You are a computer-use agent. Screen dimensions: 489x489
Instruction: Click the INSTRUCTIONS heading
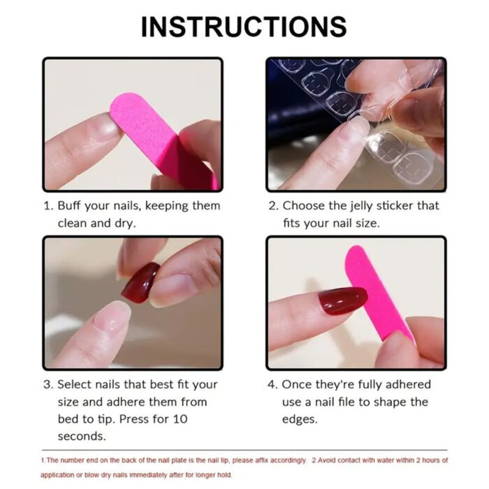click(x=244, y=27)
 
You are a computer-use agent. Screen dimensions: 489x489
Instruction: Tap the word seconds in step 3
click(x=81, y=437)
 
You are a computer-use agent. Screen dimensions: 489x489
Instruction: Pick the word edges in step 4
click(x=300, y=420)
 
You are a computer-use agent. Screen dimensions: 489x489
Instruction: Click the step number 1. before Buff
click(x=48, y=206)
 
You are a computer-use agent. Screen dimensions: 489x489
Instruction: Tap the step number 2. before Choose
click(x=273, y=206)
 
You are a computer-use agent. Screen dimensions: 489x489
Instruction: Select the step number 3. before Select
click(x=48, y=384)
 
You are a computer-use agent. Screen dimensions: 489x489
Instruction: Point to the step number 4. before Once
click(x=273, y=384)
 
